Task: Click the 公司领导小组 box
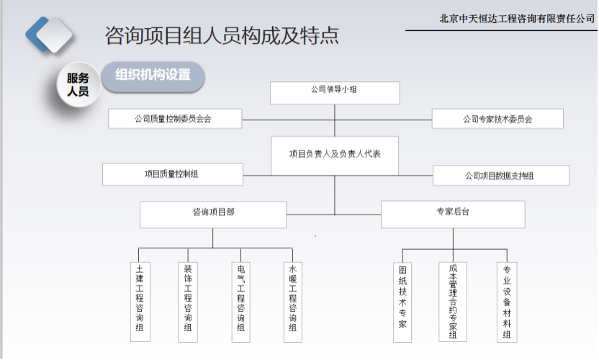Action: pyautogui.click(x=335, y=93)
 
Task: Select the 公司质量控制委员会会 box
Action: pyautogui.click(x=175, y=119)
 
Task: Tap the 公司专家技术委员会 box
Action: pyautogui.click(x=497, y=119)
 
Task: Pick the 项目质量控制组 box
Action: pyautogui.click(x=173, y=175)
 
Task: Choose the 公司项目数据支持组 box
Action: pyautogui.click(x=501, y=176)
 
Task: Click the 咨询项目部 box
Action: pyautogui.click(x=213, y=215)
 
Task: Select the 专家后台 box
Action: pyautogui.click(x=453, y=215)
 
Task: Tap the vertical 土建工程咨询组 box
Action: pyautogui.click(x=140, y=302)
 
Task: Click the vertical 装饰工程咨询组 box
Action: pyautogui.click(x=188, y=302)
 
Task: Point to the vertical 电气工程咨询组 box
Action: pyautogui.click(x=241, y=302)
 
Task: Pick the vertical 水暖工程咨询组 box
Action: pyautogui.click(x=293, y=302)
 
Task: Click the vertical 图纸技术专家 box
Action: pyautogui.click(x=402, y=302)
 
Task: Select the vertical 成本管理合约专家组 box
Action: pyautogui.click(x=453, y=302)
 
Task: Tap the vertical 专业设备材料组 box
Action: pyautogui.click(x=507, y=302)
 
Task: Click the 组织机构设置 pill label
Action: pyautogui.click(x=153, y=77)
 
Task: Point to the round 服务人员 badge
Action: pyautogui.click(x=78, y=84)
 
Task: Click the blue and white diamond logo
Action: pyautogui.click(x=48, y=35)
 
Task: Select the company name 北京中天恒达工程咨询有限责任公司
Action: pyautogui.click(x=517, y=18)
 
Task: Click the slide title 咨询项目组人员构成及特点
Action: pyautogui.click(x=222, y=35)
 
